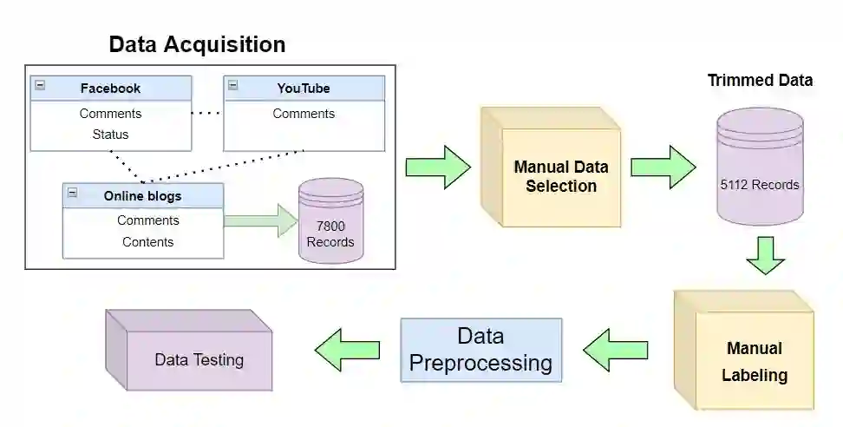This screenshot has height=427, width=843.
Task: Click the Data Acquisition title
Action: point(197,44)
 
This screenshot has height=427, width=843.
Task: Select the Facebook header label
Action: point(110,88)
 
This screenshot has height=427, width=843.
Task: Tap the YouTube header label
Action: point(304,88)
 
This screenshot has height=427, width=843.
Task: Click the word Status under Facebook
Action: point(110,135)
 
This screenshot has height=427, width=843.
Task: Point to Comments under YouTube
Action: point(304,114)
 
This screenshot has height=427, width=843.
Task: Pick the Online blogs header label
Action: point(142,195)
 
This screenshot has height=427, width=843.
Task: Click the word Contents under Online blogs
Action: point(147,242)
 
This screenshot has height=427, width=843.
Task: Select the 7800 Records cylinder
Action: point(330,222)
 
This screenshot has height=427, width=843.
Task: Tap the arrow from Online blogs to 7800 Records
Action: point(260,220)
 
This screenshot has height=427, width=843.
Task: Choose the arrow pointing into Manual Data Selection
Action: point(438,167)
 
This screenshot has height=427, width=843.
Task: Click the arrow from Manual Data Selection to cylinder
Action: point(663,167)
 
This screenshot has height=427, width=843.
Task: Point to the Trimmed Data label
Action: point(760,81)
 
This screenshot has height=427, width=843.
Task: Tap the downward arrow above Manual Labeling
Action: point(765,255)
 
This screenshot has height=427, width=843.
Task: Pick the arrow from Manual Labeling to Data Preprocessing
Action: point(615,350)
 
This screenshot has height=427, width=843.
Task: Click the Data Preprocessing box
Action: point(480,350)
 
